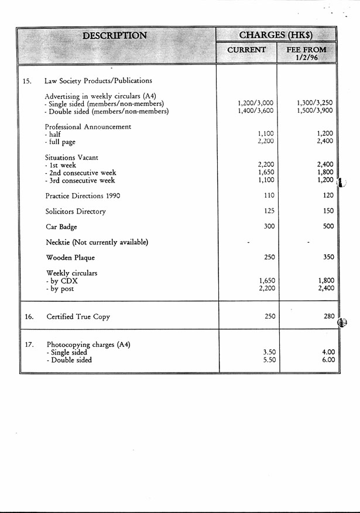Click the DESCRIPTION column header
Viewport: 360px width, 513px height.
pyautogui.click(x=115, y=35)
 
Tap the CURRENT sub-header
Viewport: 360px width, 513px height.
pyautogui.click(x=246, y=50)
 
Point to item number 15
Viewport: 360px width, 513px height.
pyautogui.click(x=27, y=81)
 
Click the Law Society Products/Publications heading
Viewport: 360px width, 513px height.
pyautogui.click(x=98, y=81)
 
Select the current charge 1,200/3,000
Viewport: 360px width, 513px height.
pyautogui.click(x=256, y=103)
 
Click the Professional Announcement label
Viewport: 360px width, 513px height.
pyautogui.click(x=88, y=126)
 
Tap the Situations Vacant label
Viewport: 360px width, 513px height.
pyautogui.click(x=71, y=157)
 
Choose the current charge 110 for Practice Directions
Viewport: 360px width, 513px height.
pyautogui.click(x=269, y=195)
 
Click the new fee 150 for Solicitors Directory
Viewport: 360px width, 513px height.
pyautogui.click(x=328, y=211)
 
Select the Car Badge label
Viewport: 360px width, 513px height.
pyautogui.click(x=61, y=226)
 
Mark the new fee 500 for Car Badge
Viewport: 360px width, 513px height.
pyautogui.click(x=328, y=226)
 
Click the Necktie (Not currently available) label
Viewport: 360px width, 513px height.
pyautogui.click(x=97, y=242)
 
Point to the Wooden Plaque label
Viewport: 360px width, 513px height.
pyautogui.click(x=70, y=257)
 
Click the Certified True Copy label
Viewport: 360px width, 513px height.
pyautogui.click(x=78, y=317)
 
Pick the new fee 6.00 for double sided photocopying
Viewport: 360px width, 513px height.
pyautogui.click(x=328, y=360)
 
